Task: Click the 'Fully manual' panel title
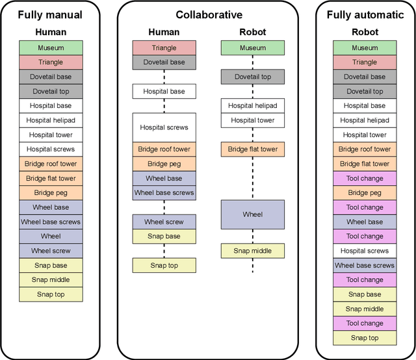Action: (51, 14)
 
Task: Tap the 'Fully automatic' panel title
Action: (365, 14)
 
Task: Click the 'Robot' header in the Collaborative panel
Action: (253, 31)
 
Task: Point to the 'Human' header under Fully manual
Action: (51, 31)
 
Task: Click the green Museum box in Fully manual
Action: (51, 47)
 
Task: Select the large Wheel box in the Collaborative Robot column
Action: (253, 214)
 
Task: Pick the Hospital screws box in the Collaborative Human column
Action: (164, 127)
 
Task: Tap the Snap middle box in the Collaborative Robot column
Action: (253, 251)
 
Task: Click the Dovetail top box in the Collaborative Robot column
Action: (253, 77)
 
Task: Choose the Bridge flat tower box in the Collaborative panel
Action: (253, 149)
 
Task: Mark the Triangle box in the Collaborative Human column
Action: (164, 47)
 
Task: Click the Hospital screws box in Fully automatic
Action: (365, 251)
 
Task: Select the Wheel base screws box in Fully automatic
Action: (365, 265)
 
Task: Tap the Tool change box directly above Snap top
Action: (365, 323)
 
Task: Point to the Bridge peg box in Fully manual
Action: (51, 192)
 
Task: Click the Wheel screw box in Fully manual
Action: (51, 251)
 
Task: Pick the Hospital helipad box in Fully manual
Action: (51, 120)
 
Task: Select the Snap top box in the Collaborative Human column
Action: (164, 265)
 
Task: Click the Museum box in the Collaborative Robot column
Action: (253, 47)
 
